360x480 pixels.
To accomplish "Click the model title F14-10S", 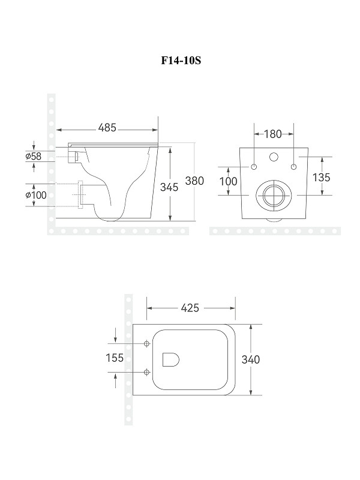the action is [x=181, y=61].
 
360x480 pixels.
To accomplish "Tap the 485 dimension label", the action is [x=107, y=128].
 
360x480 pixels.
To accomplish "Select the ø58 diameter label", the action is [x=34, y=157].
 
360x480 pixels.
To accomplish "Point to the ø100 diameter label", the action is [x=36, y=195].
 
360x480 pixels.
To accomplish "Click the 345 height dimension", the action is [x=169, y=187].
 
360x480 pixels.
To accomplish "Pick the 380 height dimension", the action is [x=194, y=181].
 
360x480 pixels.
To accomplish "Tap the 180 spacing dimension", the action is [x=272, y=134].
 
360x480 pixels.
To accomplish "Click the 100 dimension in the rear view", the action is [x=228, y=182].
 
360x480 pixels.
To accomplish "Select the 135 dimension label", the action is [x=321, y=177].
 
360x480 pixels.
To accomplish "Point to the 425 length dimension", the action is [x=190, y=308].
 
